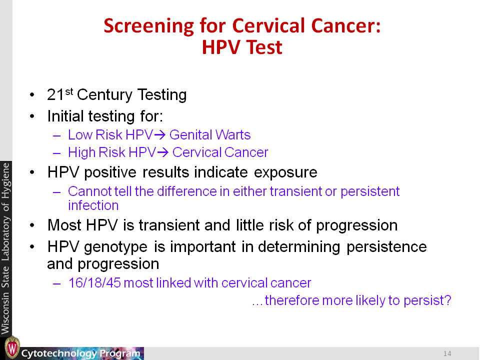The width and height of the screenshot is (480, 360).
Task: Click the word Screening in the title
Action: pos(149,26)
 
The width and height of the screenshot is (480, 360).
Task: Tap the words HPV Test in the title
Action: pos(242,47)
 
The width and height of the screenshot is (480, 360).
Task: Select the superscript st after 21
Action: pos(69,91)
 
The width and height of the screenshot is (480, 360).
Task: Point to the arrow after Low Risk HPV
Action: pos(160,135)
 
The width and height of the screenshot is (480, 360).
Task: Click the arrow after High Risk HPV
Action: pos(162,152)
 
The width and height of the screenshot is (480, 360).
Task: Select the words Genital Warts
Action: pos(210,135)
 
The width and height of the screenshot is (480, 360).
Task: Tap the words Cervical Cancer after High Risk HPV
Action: pos(220,152)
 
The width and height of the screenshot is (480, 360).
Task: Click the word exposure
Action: pos(285,172)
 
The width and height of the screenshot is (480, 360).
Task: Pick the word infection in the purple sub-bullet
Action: pos(93,205)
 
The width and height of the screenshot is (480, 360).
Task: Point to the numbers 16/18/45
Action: pos(94,283)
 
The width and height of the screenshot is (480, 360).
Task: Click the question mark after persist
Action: pos(448,300)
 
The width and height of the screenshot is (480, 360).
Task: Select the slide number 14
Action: pos(447,353)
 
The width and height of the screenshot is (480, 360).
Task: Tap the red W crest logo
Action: pos(12,347)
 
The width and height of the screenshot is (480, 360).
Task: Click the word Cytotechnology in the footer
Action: pos(59,353)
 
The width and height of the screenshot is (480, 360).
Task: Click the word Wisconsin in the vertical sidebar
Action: pos(6,313)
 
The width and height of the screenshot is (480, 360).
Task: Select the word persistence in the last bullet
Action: pos(386,247)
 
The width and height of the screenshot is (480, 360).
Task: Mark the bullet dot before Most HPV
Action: pos(32,225)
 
